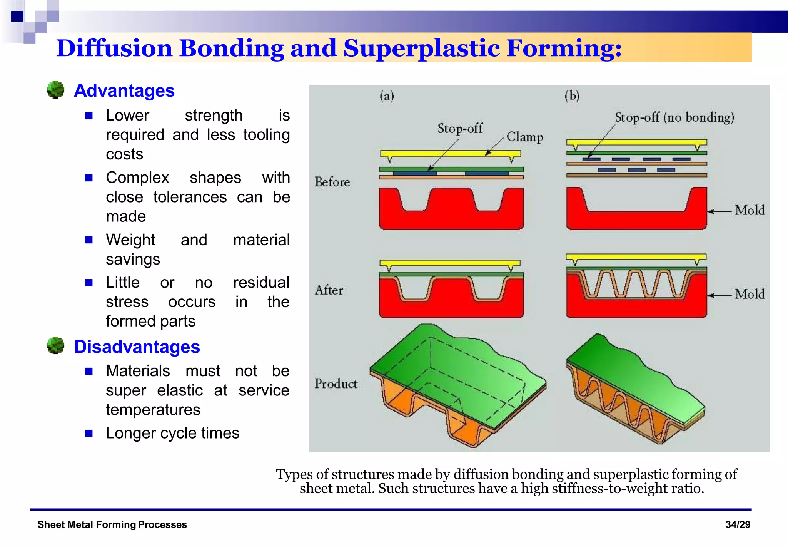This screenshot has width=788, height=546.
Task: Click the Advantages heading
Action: (124, 91)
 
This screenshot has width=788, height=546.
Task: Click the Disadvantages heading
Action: (137, 347)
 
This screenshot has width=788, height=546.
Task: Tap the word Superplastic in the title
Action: (421, 49)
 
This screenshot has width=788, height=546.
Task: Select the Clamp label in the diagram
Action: (525, 137)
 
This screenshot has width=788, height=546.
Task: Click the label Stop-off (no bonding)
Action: (674, 117)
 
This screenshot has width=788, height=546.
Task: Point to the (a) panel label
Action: (387, 96)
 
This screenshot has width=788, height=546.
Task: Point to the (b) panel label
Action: (572, 96)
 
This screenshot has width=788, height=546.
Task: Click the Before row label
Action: (332, 182)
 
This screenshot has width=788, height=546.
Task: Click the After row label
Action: (329, 290)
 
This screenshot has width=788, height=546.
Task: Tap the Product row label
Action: (336, 384)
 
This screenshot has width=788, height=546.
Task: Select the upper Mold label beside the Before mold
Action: (749, 211)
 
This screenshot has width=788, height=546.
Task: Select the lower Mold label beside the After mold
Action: (749, 295)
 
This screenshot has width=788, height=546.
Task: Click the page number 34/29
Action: (738, 524)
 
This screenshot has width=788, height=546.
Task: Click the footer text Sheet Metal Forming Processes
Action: (112, 524)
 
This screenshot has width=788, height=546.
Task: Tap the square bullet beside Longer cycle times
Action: (89, 434)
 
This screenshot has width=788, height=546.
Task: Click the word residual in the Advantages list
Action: (261, 283)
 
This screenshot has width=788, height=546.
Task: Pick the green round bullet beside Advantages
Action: (55, 90)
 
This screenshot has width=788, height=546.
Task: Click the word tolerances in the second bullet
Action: (190, 197)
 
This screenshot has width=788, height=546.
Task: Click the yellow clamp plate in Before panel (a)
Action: (450, 154)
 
